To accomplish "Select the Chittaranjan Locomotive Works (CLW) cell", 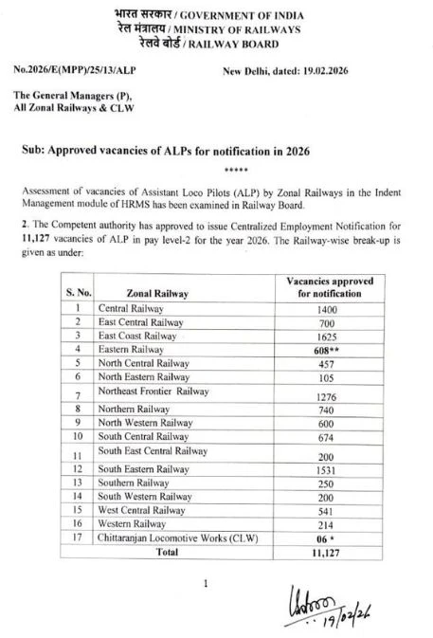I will (177, 536).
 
